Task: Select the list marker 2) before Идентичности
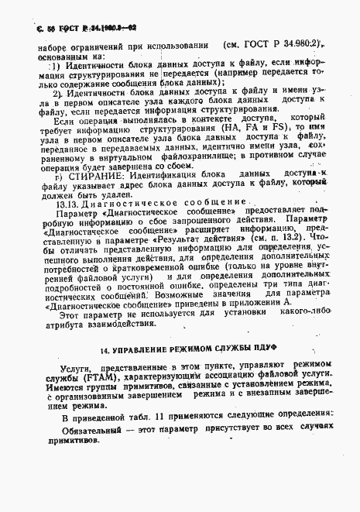click(x=57, y=94)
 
